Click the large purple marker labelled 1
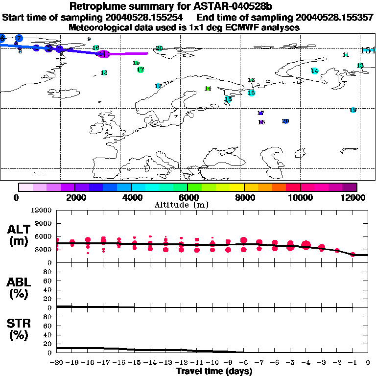tap(103, 54)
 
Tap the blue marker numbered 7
tap(19, 38)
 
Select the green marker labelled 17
tap(141, 70)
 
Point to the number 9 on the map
tap(89, 39)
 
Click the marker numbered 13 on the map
tap(360, 65)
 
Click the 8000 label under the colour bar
tap(244, 197)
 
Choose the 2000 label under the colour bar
tap(74, 197)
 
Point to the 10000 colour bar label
tap(300, 197)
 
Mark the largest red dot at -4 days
tap(306, 245)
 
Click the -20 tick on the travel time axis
tap(57, 362)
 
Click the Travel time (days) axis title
tap(214, 371)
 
